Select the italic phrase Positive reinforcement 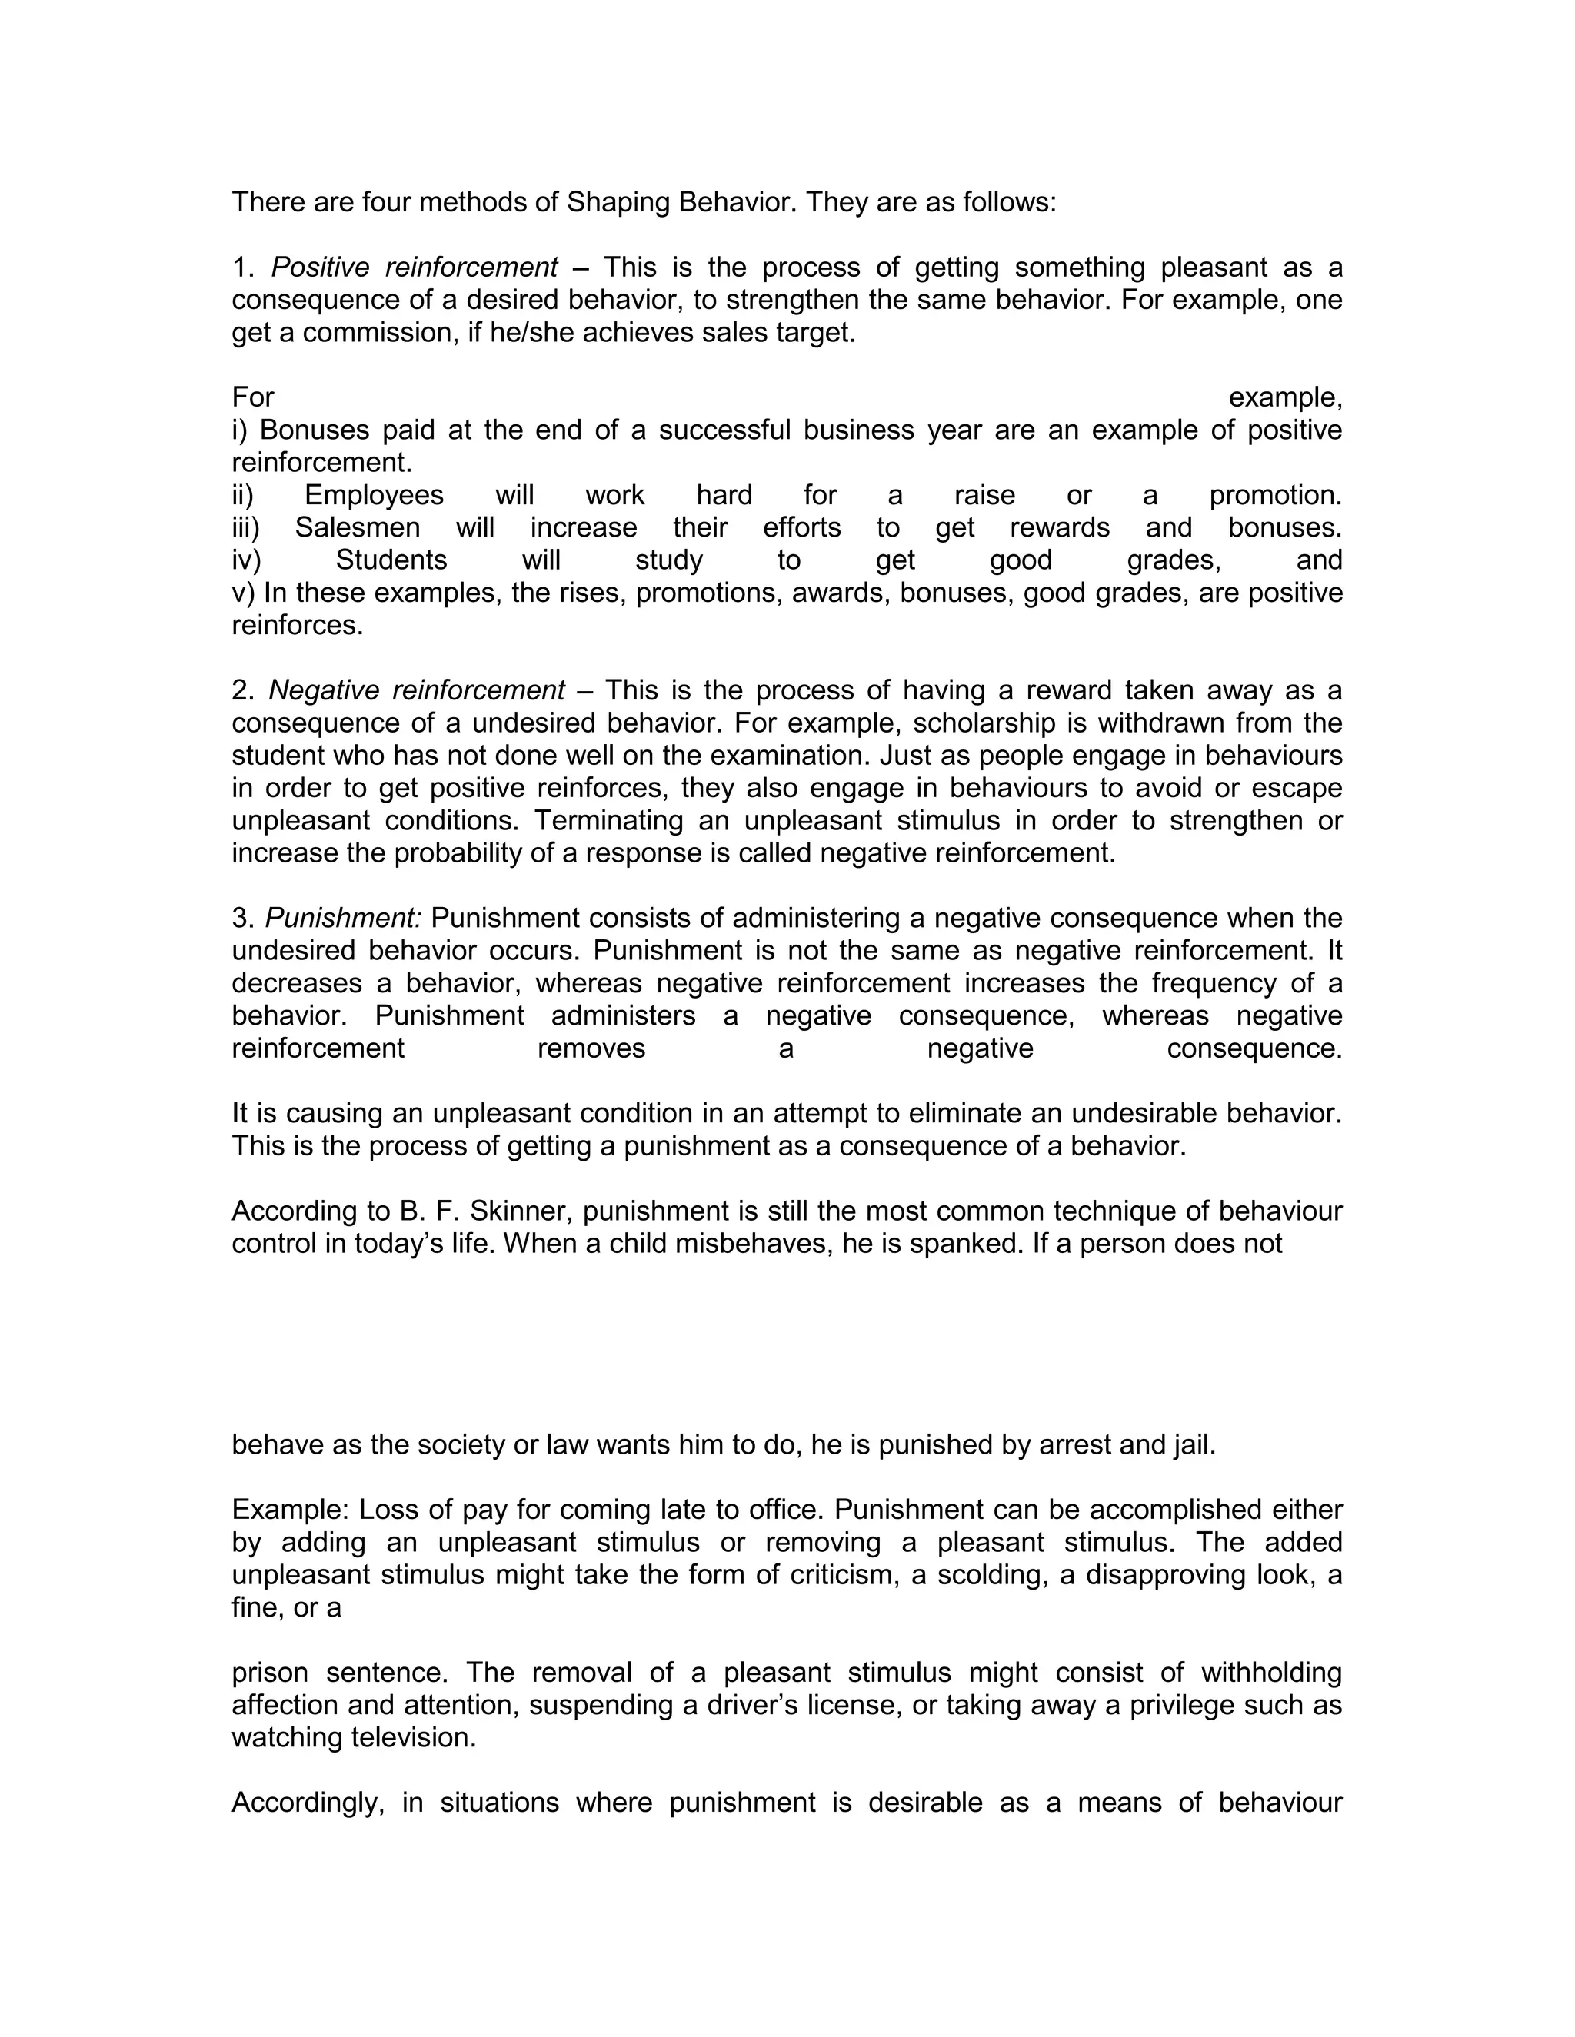(x=415, y=268)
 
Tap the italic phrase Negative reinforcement (x=416, y=690)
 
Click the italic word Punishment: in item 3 (x=343, y=918)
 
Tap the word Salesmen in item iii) (x=358, y=528)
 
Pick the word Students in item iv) (x=391, y=560)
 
